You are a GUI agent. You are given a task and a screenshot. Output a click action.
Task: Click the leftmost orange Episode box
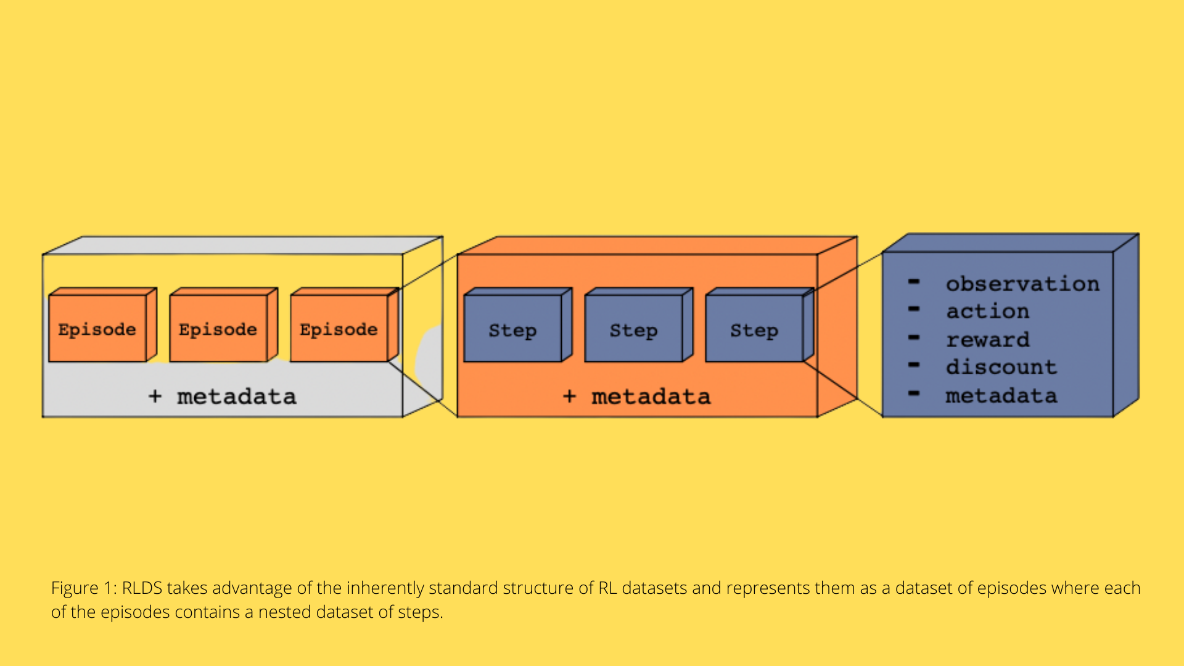[x=97, y=329]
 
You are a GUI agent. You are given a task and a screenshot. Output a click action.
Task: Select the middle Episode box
[x=218, y=329]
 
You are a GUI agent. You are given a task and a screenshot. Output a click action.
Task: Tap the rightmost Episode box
[x=339, y=329]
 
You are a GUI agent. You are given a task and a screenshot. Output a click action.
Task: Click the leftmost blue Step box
[x=512, y=329]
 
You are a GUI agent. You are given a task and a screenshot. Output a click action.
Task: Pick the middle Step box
[x=633, y=329]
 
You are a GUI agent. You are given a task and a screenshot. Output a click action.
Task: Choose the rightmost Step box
[x=754, y=329]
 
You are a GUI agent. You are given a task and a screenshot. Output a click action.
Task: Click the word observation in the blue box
[x=1022, y=284]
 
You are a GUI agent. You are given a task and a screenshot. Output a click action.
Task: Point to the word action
[x=988, y=311]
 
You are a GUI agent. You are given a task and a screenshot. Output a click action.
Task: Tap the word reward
[x=988, y=339]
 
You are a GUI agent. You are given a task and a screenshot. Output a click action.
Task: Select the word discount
[x=1001, y=367]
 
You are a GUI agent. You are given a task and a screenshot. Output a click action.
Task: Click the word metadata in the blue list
[x=1001, y=395]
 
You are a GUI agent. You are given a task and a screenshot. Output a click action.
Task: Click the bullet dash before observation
[x=914, y=282]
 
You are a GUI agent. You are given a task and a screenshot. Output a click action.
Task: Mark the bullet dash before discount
[x=914, y=365]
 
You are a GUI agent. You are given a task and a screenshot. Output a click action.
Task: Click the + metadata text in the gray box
[x=223, y=397]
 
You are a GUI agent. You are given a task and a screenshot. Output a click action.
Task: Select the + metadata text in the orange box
[x=637, y=397]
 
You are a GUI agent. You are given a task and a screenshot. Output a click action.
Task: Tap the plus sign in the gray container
[x=155, y=397]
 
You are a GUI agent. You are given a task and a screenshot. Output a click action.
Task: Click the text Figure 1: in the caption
[x=84, y=588]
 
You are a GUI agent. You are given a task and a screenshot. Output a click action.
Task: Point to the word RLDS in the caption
[x=142, y=588]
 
